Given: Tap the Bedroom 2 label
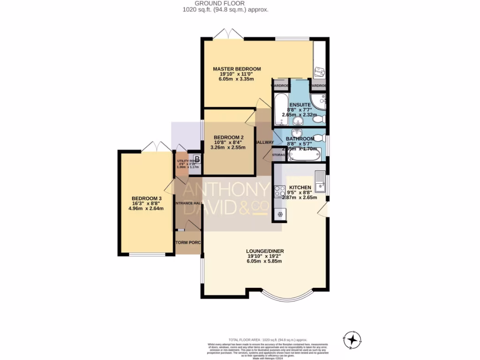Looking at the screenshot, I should pyautogui.click(x=226, y=137).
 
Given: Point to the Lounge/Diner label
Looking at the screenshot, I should pyautogui.click(x=266, y=251).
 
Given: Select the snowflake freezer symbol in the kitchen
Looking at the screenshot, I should pyautogui.click(x=280, y=214).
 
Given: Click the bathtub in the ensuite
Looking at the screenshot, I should pyautogui.click(x=280, y=110).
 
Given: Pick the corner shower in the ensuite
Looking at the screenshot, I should pyautogui.click(x=319, y=101).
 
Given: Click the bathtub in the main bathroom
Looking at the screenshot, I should pyautogui.click(x=305, y=154).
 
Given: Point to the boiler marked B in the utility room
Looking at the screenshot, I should pyautogui.click(x=197, y=159).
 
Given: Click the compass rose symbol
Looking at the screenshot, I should pyautogui.click(x=350, y=338).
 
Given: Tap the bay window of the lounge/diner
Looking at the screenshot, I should pyautogui.click(x=286, y=297).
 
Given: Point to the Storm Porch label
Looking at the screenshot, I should pyautogui.click(x=187, y=242).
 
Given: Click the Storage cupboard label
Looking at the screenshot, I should pyautogui.click(x=279, y=154).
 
